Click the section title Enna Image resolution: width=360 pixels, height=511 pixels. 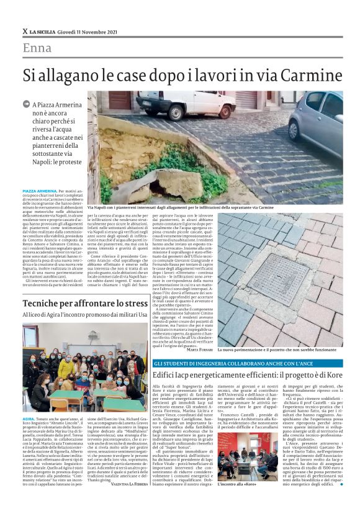(x=37, y=48)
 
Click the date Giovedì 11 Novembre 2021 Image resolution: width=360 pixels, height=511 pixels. (x=93, y=31)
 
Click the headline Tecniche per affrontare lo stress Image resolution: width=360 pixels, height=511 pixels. (x=84, y=304)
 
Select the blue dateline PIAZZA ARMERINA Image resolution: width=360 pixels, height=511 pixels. (x=38, y=192)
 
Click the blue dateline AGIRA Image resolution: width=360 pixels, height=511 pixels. (x=29, y=419)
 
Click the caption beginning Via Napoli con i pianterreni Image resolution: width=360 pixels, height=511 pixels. (x=180, y=207)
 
